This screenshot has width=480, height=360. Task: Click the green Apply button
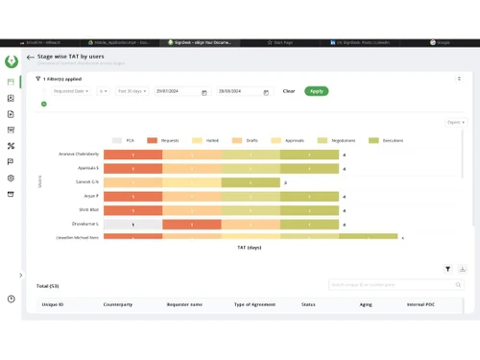pyautogui.click(x=316, y=91)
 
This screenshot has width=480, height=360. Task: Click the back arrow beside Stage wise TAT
pyautogui.click(x=31, y=58)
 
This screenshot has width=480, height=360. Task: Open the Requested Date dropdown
pyautogui.click(x=71, y=91)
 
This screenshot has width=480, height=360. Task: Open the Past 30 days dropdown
pyautogui.click(x=132, y=91)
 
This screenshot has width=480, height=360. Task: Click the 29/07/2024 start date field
pyautogui.click(x=179, y=91)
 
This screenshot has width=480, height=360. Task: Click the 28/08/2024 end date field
pyautogui.click(x=240, y=91)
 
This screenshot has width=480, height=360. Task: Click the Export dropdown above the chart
pyautogui.click(x=455, y=122)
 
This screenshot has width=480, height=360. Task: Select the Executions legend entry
pyautogui.click(x=389, y=140)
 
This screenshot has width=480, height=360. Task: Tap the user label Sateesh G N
pyautogui.click(x=86, y=181)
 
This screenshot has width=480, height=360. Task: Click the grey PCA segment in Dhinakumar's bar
pyautogui.click(x=132, y=224)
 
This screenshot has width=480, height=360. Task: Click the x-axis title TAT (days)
pyautogui.click(x=249, y=248)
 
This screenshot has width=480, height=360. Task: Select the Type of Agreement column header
pyautogui.click(x=254, y=304)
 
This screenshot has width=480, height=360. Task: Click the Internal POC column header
pyautogui.click(x=420, y=304)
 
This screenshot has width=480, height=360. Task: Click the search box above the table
pyautogui.click(x=394, y=284)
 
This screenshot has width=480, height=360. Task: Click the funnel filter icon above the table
pyautogui.click(x=447, y=270)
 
